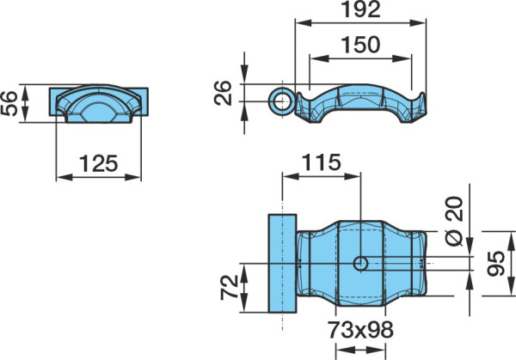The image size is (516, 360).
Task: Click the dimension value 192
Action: (x=361, y=9)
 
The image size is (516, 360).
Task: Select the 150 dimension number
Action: (x=360, y=45)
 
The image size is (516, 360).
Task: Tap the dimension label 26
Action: (x=223, y=93)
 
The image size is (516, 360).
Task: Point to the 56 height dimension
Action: (x=9, y=104)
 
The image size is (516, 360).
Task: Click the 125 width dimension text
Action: (x=98, y=163)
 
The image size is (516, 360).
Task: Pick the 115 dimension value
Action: (x=321, y=162)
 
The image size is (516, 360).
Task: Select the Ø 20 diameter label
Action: (x=454, y=222)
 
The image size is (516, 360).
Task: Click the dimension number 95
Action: (x=496, y=264)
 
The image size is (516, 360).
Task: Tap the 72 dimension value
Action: (x=230, y=287)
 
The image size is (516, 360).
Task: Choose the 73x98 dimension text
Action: (x=360, y=330)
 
